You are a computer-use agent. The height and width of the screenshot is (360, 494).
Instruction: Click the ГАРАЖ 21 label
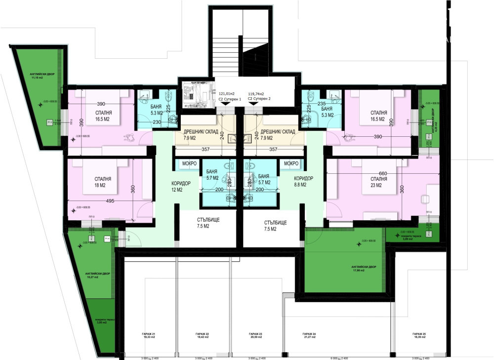149,336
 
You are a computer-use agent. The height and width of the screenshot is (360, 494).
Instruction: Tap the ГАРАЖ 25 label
418,336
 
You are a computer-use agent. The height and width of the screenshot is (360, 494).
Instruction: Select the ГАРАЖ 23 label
255,336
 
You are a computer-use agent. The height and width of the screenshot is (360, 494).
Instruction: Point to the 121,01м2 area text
227,93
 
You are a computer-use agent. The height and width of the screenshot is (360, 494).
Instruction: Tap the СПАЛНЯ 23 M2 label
371,182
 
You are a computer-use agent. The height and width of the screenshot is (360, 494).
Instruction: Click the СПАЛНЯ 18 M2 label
103,182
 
